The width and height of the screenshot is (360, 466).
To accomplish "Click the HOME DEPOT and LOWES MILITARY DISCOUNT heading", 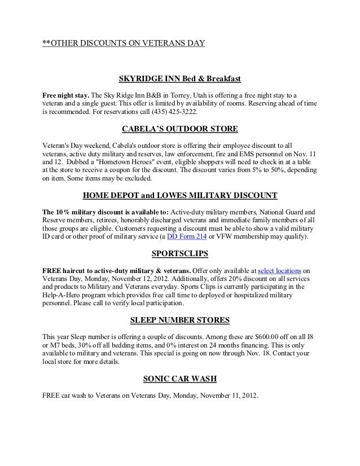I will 179,196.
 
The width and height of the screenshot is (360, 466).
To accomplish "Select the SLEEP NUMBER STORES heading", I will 179,320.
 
